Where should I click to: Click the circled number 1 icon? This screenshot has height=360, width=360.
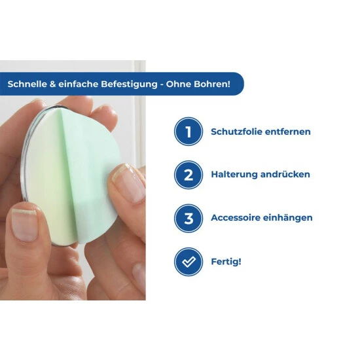click(x=189, y=132)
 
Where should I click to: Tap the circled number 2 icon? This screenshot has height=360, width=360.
click(x=189, y=175)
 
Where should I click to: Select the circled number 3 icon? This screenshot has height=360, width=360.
click(x=189, y=218)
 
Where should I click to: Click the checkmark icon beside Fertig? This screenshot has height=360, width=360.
click(x=189, y=262)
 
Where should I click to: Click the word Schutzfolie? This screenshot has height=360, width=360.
click(x=236, y=132)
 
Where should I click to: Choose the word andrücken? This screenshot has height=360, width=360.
click(x=285, y=175)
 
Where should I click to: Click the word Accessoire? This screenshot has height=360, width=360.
click(x=236, y=218)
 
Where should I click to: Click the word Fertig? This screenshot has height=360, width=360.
click(x=226, y=262)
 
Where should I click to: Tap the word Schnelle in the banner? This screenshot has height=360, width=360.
click(x=27, y=84)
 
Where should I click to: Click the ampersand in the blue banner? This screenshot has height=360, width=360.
click(x=52, y=84)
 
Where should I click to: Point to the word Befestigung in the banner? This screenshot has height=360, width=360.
click(x=129, y=84)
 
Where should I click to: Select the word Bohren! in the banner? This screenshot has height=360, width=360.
click(x=212, y=84)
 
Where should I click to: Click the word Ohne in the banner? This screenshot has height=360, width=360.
click(x=179, y=84)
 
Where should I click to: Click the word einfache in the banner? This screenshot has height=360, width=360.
click(x=79, y=84)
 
